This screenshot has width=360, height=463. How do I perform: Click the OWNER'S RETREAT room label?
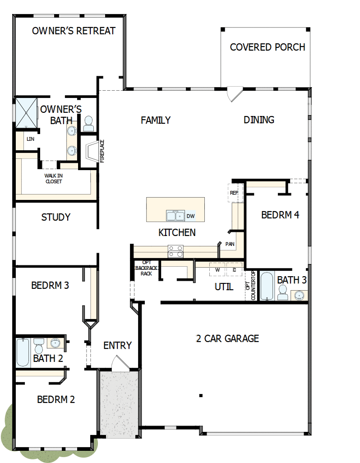pos(74,31)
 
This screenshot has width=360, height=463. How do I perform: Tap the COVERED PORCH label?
pos(267,47)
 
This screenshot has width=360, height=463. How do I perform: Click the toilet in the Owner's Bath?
pos(88,123)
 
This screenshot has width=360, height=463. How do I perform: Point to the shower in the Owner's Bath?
pos(27,112)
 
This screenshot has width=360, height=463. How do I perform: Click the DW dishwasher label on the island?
pos(191,216)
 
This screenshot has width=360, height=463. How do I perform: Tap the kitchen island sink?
pos(175,216)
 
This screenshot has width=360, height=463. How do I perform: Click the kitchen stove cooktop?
pos(176,251)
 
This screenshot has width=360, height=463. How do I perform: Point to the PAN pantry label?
pos(230,244)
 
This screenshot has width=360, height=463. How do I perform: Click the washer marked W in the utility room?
pos(217,269)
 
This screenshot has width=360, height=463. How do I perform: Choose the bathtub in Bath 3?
pos(267,286)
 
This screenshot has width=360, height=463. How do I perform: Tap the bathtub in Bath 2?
pos(23,352)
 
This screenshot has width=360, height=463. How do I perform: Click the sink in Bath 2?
pos(55,343)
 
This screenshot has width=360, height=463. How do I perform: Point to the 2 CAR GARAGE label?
pos(227,338)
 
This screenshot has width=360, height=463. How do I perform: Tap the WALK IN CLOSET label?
pos(53,178)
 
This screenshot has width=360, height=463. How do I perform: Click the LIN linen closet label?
pos(30,139)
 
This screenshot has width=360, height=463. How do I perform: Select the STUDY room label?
pos(55,217)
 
